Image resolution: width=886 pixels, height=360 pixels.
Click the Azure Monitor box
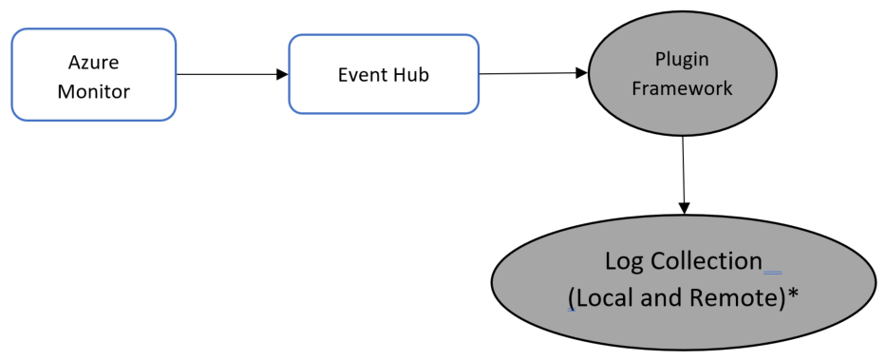tap(93, 75)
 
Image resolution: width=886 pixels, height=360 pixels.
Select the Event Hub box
tap(383, 74)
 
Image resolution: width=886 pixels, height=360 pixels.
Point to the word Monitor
tap(93, 91)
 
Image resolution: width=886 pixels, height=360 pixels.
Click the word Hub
tap(411, 74)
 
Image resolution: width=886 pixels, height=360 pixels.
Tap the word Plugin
tap(682, 59)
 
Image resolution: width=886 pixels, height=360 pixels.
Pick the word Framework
tap(683, 89)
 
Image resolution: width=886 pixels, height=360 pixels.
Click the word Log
tap(625, 261)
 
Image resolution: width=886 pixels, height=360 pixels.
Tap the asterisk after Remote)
tap(792, 294)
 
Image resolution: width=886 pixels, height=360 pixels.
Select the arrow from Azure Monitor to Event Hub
tap(232, 74)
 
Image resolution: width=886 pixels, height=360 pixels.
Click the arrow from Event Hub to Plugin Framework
tap(532, 73)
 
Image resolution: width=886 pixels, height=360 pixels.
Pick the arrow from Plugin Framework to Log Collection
tap(683, 171)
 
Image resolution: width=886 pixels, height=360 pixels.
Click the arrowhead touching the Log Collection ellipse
tap(683, 209)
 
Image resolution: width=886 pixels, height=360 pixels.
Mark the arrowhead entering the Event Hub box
tap(282, 74)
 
